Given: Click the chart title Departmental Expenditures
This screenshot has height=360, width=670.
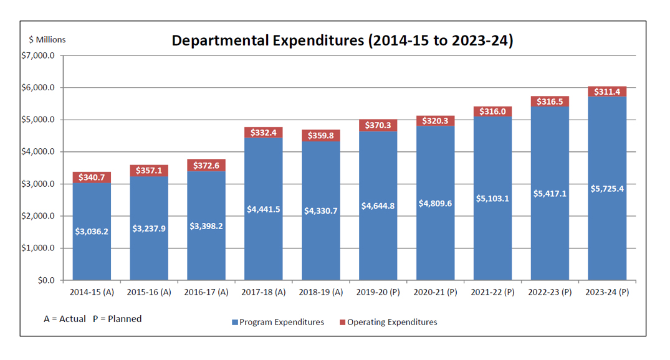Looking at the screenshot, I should point(342,41).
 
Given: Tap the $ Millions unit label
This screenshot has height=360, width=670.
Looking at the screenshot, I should point(47,40).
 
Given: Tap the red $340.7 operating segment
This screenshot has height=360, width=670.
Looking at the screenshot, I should point(92,178).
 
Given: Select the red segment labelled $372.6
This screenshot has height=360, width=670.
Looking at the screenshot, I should point(206,165).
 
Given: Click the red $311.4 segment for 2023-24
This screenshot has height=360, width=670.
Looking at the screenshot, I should point(607,92).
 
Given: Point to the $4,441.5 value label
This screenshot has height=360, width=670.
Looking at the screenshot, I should point(264,209).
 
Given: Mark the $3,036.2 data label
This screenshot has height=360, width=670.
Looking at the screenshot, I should point(92,232).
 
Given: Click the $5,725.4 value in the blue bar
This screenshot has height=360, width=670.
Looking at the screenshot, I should point(607,188).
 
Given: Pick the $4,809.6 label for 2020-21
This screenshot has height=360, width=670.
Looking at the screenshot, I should point(435,203).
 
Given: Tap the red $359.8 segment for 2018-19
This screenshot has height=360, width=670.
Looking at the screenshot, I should point(321,135).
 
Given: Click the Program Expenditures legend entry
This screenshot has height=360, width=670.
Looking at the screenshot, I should point(279,323).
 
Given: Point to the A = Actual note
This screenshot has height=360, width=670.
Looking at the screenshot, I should point(65,319).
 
